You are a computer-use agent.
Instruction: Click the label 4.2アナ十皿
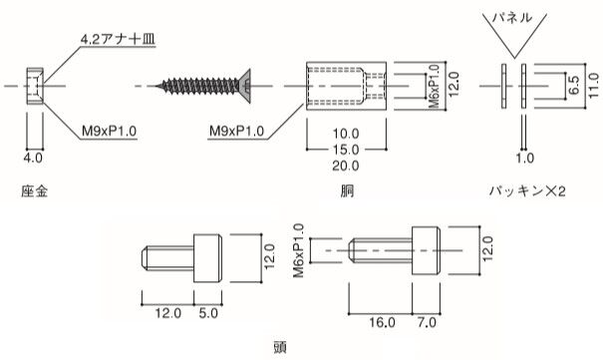[x=118, y=39]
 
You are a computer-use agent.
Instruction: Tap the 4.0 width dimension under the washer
[x=33, y=158]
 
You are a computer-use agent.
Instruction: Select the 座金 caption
[x=34, y=191]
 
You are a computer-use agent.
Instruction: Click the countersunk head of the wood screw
[x=244, y=86]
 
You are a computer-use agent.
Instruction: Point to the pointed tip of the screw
[x=156, y=86]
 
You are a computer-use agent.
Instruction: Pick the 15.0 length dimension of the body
[x=346, y=150]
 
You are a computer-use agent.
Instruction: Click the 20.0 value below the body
[x=346, y=167]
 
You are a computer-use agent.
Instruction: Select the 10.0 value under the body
[x=346, y=134]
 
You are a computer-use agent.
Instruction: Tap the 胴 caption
[x=347, y=191]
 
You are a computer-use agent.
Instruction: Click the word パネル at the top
[x=513, y=17]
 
